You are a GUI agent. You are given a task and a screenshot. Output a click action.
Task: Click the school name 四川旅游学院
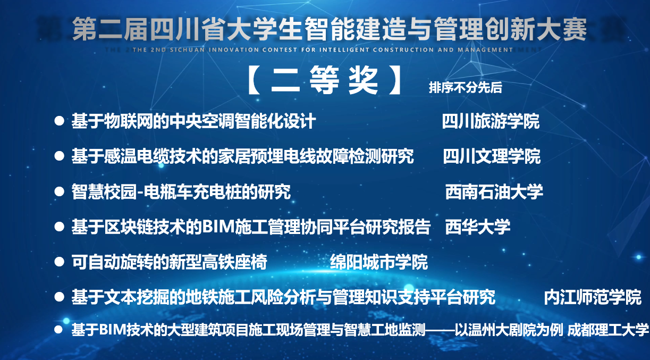[x=491, y=121]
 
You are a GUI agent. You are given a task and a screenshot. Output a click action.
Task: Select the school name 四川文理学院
[x=492, y=156]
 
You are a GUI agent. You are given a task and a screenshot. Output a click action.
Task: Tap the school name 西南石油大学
[x=494, y=192]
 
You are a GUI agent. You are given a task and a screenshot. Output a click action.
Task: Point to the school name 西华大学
[x=478, y=227]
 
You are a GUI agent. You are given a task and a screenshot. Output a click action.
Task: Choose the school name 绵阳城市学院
[x=379, y=262]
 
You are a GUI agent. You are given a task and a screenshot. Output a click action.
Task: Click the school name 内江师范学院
[x=593, y=297]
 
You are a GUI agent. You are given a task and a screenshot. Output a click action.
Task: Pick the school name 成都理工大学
[x=607, y=330]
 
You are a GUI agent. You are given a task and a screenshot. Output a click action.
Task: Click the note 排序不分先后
[x=466, y=87]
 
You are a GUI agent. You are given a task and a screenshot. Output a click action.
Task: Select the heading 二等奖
[x=324, y=80]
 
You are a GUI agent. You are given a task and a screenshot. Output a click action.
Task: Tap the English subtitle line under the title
[x=323, y=49]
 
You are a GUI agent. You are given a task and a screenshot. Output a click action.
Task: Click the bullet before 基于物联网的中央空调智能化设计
[x=59, y=121]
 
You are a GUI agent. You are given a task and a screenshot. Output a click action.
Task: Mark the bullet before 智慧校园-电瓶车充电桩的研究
[x=59, y=192]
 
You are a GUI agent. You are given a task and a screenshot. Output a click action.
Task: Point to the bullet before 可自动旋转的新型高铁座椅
[x=59, y=262]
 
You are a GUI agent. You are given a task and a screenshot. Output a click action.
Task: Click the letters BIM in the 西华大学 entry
[x=218, y=227]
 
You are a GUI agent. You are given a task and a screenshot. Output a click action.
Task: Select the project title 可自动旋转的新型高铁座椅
[x=169, y=262]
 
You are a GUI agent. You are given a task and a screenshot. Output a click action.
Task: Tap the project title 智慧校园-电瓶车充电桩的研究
[x=181, y=192]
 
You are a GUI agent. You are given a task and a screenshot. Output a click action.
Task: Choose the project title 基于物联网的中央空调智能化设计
[x=193, y=121]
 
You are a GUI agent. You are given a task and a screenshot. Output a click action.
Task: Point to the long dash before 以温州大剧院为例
[x=440, y=330]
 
